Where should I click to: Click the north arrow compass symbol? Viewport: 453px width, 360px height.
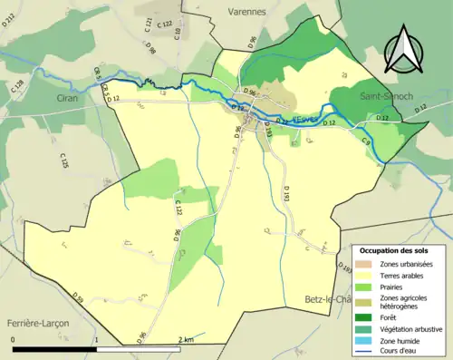[404, 49]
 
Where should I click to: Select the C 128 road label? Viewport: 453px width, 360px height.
[17, 87]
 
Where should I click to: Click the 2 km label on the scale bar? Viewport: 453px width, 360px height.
[185, 339]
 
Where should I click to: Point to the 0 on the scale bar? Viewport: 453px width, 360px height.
[14, 339]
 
